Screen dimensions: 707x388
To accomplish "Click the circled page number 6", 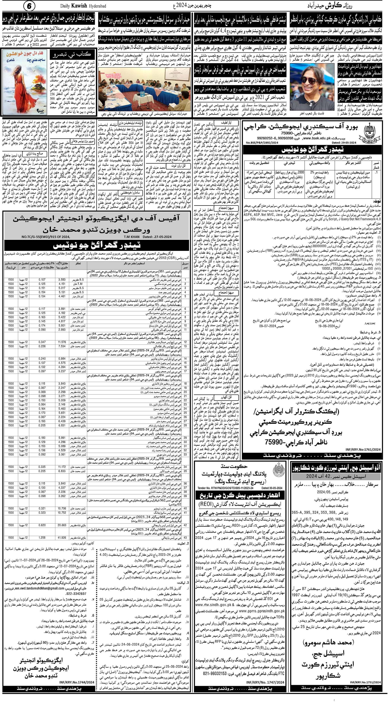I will tap(29, 5).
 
